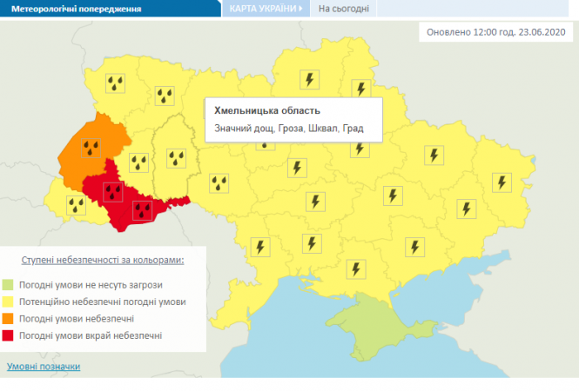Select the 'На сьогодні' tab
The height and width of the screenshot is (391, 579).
click(x=343, y=10)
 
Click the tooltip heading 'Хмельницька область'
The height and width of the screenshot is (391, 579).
click(x=267, y=111)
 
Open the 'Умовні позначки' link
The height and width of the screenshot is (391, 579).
click(x=44, y=367)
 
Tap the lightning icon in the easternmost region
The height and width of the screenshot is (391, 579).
click(x=501, y=182)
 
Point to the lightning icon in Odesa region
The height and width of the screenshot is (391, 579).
click(x=259, y=247)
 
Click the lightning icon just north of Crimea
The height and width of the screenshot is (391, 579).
click(x=353, y=268)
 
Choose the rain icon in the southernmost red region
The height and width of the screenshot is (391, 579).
click(x=142, y=209)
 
